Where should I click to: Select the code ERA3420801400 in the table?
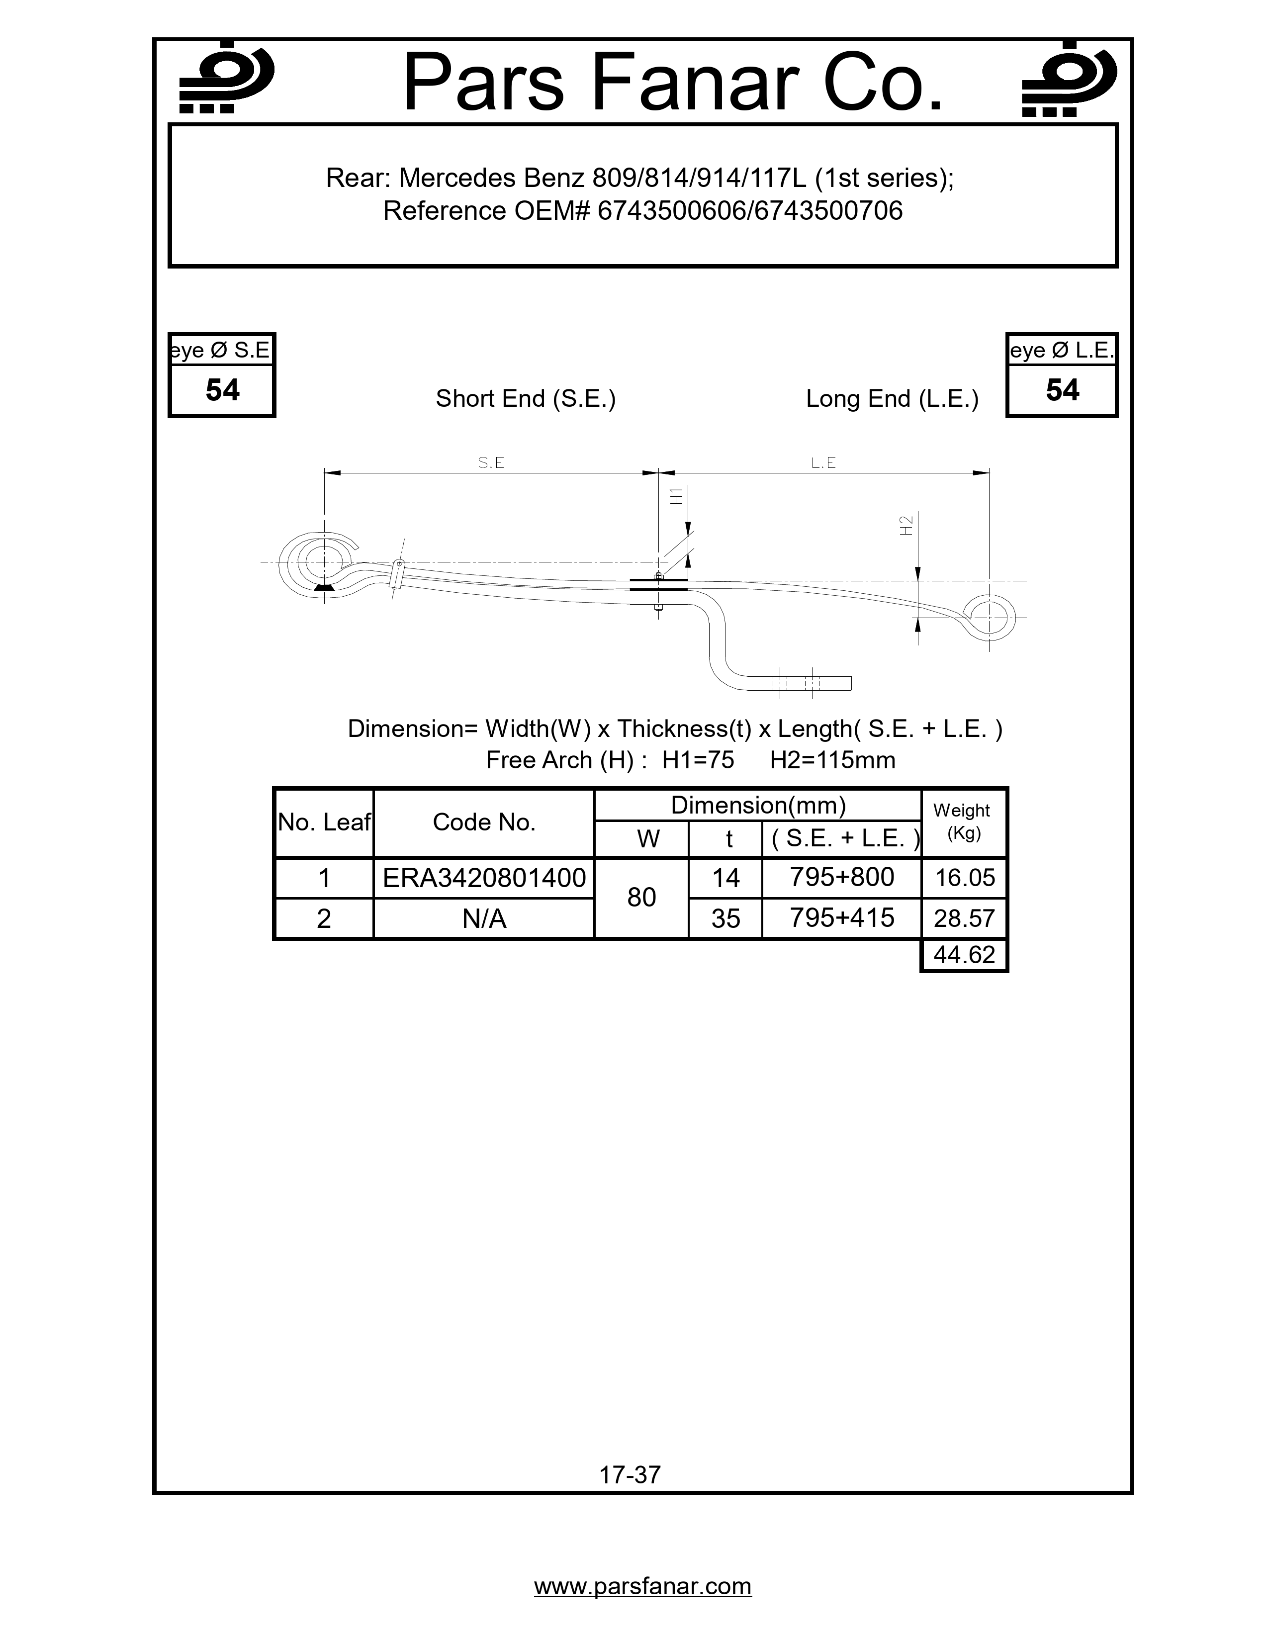(x=484, y=878)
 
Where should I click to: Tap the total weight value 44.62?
(x=964, y=955)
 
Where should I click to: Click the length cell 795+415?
(x=841, y=918)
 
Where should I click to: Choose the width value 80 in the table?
(x=641, y=897)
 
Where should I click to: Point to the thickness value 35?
(x=725, y=918)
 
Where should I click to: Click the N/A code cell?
(x=484, y=918)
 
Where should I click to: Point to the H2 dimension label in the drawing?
(x=906, y=525)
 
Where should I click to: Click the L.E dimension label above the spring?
(x=823, y=463)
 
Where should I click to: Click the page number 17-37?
(x=630, y=1475)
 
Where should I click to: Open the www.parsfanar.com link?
(x=642, y=1586)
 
